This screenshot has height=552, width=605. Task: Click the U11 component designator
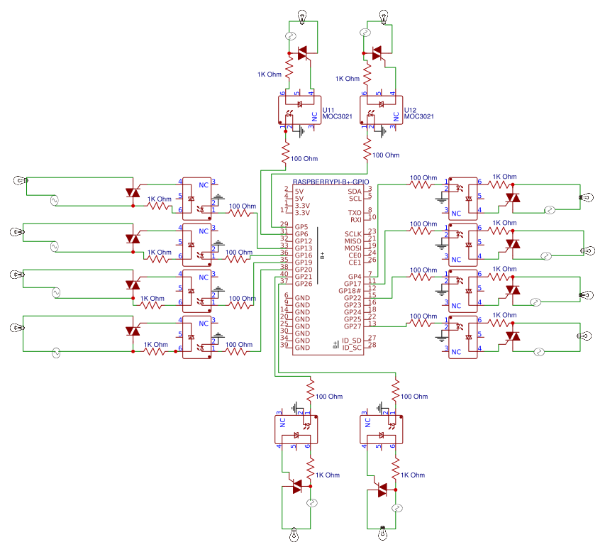(x=329, y=111)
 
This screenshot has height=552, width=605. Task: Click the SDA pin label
(x=355, y=192)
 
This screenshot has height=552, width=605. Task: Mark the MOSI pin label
(x=353, y=248)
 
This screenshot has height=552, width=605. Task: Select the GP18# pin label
(x=350, y=291)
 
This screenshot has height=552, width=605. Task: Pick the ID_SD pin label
(x=352, y=341)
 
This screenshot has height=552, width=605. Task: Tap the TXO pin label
(x=355, y=213)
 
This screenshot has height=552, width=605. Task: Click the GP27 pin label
(x=353, y=326)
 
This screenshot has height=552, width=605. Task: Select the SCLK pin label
(x=353, y=234)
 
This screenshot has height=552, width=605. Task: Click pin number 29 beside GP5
(x=284, y=225)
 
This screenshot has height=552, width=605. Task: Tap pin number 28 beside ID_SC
(x=370, y=346)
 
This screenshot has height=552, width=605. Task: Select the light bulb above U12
(x=384, y=15)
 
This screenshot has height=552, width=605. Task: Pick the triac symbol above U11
(x=303, y=53)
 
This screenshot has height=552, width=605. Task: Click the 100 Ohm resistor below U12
(x=367, y=151)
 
